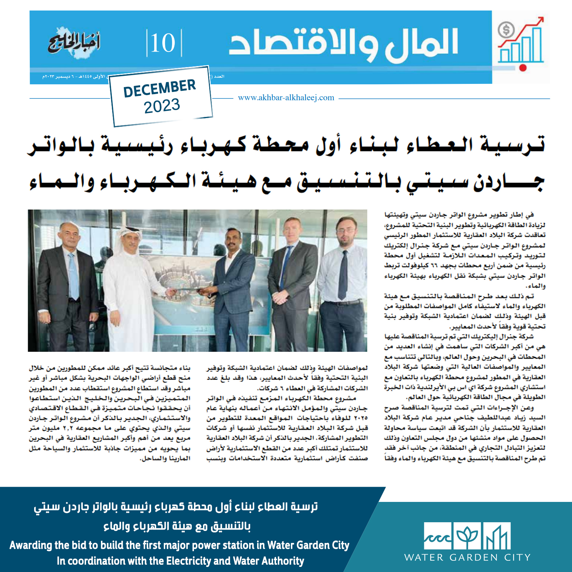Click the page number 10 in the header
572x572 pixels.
(163, 43)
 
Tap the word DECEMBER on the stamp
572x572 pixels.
(159, 88)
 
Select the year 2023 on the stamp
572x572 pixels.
(162, 106)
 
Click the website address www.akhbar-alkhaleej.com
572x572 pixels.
(286, 98)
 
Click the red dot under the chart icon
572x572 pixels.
(523, 68)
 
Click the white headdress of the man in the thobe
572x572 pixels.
(128, 236)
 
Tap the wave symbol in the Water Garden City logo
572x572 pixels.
(438, 536)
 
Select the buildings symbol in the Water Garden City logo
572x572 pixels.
(496, 536)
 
